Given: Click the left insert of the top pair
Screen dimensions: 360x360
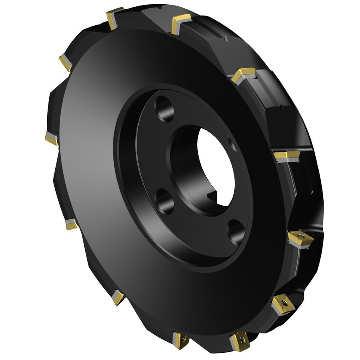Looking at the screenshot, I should tap(115, 18).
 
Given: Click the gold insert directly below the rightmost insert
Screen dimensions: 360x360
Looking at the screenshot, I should tap(281, 304).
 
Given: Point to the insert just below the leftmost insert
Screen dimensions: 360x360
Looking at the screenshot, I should tap(71, 224).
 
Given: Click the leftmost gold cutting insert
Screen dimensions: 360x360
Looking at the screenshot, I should tap(52, 139).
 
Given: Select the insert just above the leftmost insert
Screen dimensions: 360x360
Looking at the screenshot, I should tap(65, 63).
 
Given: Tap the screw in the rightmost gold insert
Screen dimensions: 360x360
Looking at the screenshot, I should tap(300, 235).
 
